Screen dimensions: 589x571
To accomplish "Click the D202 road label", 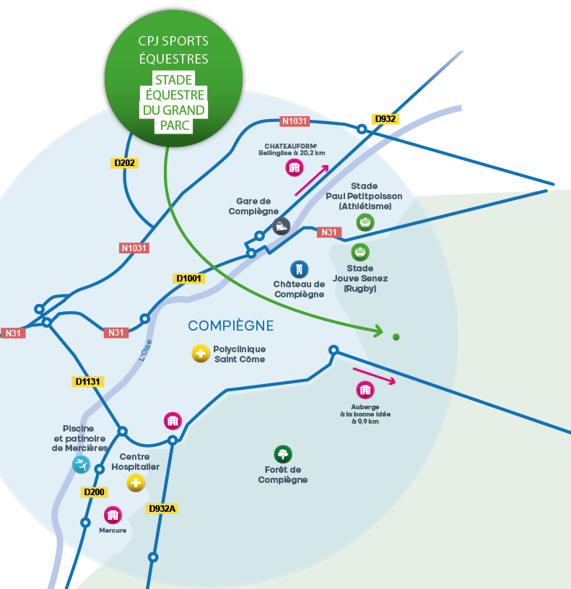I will (x=126, y=163).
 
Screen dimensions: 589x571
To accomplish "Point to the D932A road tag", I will (x=162, y=508).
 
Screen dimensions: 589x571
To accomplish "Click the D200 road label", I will (x=95, y=492).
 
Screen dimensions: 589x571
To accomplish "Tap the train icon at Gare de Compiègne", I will (x=281, y=225).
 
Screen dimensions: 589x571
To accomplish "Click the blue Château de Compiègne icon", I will (x=299, y=269).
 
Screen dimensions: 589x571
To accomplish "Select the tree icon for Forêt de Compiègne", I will (x=283, y=454).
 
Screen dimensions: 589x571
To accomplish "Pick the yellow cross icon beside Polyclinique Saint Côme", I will (x=200, y=354).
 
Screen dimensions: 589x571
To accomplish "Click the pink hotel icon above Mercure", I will (x=112, y=515).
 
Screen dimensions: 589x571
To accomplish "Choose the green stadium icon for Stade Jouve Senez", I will (x=360, y=252).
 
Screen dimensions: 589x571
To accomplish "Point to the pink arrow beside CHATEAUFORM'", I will (x=312, y=180).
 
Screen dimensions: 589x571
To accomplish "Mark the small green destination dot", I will (x=396, y=336).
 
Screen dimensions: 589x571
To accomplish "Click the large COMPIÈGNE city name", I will (x=231, y=326).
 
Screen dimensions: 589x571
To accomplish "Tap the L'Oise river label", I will (x=147, y=353).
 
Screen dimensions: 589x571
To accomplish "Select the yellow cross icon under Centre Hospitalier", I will (x=135, y=483).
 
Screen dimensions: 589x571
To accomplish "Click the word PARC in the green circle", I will (x=173, y=126).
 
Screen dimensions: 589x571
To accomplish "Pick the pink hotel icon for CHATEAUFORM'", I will (x=293, y=168).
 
